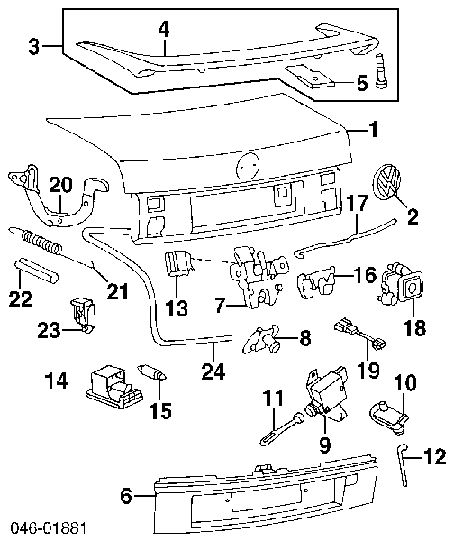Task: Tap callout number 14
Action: coord(56,381)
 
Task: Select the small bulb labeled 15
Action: coord(152,372)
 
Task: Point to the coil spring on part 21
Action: coord(41,241)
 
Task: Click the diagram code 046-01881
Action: coord(49,528)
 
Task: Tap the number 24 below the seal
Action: coord(213,371)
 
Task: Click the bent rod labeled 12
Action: coord(403,463)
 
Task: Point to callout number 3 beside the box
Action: coord(34,47)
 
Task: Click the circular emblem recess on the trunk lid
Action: coord(248,166)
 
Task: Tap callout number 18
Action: coord(415,328)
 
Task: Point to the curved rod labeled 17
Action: coord(345,238)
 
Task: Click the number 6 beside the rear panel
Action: coord(126,496)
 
